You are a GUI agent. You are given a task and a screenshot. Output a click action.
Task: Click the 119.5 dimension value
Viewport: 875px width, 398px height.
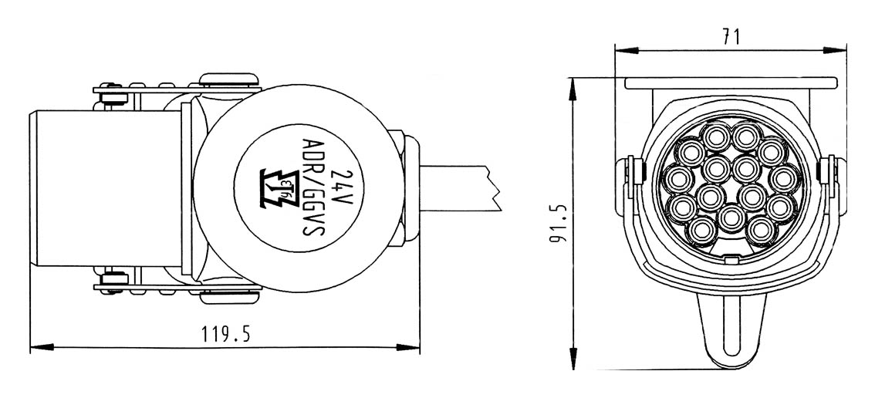point(225,334)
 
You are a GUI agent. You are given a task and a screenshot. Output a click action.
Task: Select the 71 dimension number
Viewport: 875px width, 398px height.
point(731,37)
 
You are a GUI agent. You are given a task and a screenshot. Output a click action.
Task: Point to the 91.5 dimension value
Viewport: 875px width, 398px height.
point(559,223)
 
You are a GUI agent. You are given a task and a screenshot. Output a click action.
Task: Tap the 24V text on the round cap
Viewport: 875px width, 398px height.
point(342,187)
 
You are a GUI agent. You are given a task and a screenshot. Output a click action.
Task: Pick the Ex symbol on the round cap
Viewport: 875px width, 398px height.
point(277,188)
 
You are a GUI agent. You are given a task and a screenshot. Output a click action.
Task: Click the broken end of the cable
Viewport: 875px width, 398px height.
point(494,187)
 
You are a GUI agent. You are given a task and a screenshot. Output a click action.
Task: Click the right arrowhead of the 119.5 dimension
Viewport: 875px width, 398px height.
point(408,347)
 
